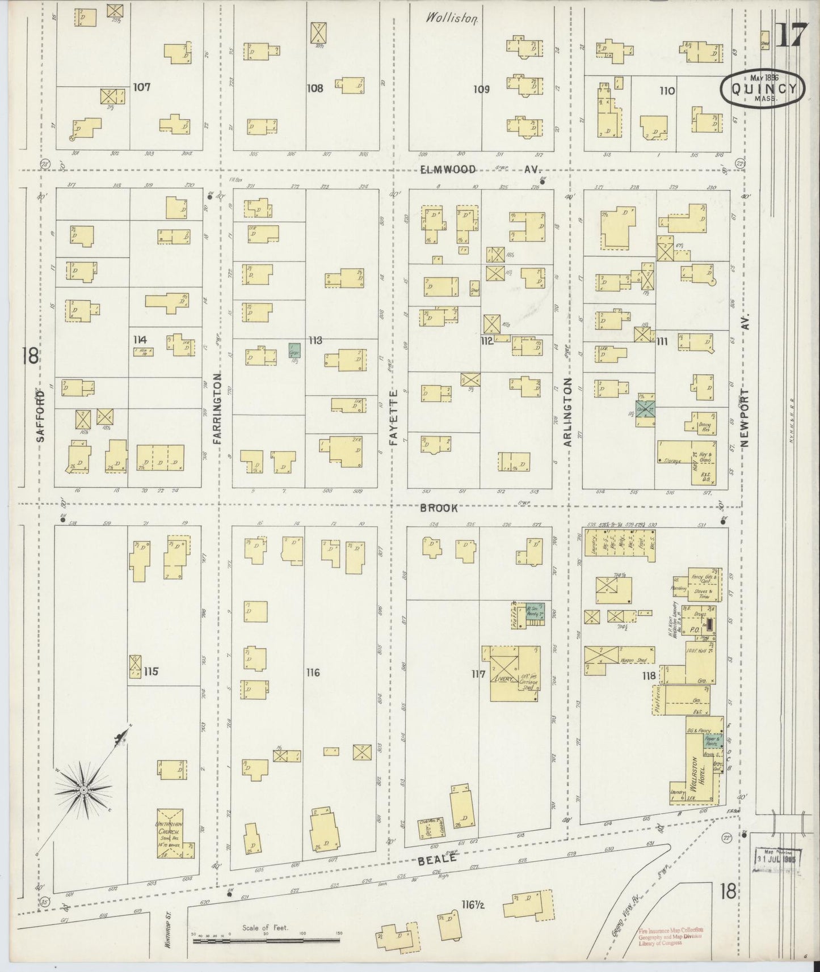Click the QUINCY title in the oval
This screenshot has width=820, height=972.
762,88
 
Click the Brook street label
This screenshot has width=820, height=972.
439,508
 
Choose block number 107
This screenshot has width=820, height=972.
141,87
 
